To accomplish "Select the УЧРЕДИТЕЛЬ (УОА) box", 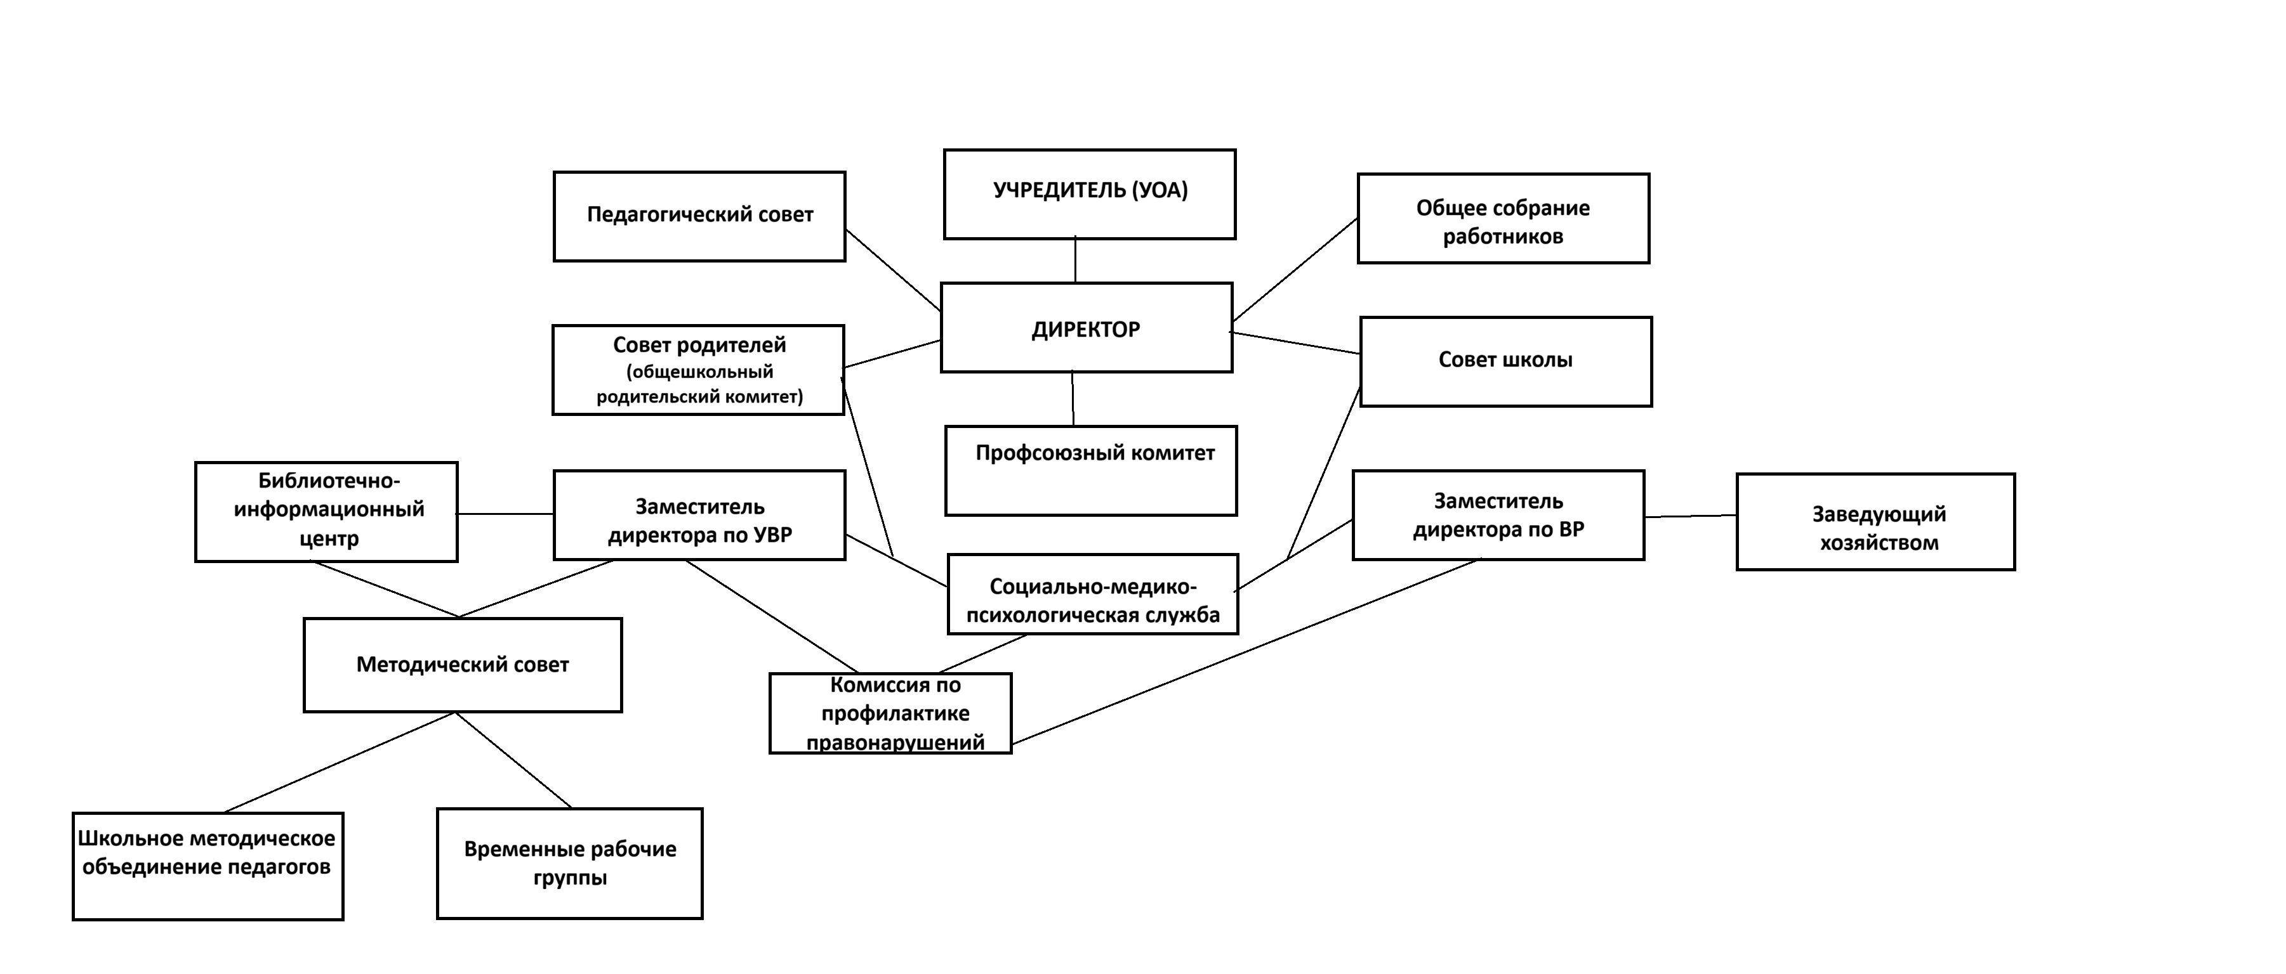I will click(1090, 194).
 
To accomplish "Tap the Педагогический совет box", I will click(699, 216).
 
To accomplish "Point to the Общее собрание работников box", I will click(1503, 218).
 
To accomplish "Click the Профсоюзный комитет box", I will click(1091, 471).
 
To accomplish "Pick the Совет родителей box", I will click(698, 370).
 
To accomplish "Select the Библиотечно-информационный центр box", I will click(327, 512).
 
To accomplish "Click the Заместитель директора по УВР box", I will click(699, 516).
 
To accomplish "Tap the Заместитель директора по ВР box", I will click(1498, 516).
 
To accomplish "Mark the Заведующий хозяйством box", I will click(1876, 522).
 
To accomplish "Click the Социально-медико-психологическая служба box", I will click(1092, 594).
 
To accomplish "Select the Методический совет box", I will click(463, 665).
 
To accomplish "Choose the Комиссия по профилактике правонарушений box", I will click(890, 713).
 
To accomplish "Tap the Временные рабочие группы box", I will click(570, 863).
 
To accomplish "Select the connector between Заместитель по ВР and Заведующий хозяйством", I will click(1691, 516).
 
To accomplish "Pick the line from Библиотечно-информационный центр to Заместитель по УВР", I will click(506, 514).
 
